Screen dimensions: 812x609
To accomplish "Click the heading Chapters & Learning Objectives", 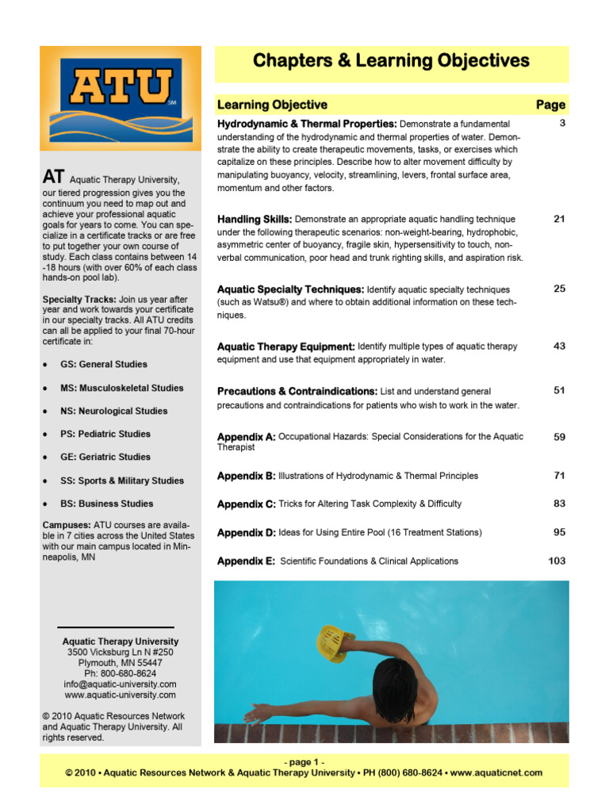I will (x=391, y=61).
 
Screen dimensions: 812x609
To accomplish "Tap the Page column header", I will (x=550, y=105).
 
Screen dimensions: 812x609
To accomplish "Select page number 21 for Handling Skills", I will (x=559, y=219).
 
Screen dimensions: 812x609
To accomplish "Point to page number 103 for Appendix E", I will (x=557, y=561).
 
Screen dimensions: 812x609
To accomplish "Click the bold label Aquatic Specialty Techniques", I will (x=290, y=289).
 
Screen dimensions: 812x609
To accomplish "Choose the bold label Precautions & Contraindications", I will (x=297, y=391).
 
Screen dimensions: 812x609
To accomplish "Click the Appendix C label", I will (x=246, y=504).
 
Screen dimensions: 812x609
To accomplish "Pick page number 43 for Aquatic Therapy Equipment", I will (x=559, y=346).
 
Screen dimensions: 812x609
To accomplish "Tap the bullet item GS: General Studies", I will (x=104, y=364).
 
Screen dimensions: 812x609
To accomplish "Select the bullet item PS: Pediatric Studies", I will (x=105, y=434).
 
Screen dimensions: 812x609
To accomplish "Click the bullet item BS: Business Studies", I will (x=107, y=504).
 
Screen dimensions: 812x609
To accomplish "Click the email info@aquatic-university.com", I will (x=121, y=684).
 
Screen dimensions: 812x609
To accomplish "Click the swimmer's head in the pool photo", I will (x=393, y=684).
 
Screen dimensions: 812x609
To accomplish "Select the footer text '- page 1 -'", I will (x=304, y=762).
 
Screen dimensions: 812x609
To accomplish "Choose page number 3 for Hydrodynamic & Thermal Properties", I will (x=561, y=124).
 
